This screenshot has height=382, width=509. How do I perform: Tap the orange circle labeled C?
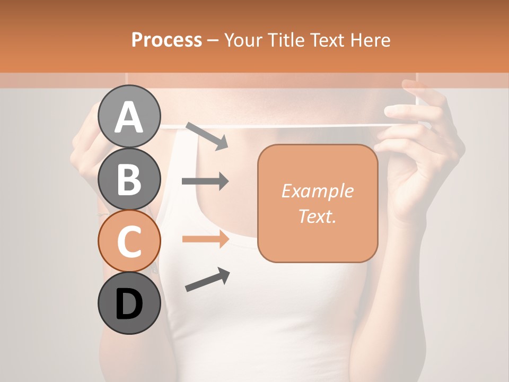(x=129, y=241)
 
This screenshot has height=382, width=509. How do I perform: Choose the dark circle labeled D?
(x=129, y=303)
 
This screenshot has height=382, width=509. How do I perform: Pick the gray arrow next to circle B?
(x=205, y=181)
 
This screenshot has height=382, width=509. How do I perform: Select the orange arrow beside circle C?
(x=205, y=239)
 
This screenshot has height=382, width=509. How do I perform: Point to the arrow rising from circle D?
(x=207, y=280)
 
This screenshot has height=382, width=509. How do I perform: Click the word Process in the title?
(x=166, y=40)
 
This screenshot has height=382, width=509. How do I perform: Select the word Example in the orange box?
(x=317, y=191)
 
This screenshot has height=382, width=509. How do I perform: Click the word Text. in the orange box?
(x=317, y=216)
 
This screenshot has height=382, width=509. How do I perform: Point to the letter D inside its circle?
(x=129, y=305)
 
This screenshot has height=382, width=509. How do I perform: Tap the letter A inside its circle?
(x=129, y=118)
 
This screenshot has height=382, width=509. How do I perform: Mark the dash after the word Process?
(x=213, y=40)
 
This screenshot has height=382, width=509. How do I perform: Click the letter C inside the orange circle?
(x=129, y=241)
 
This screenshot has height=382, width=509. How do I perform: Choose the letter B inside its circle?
(x=129, y=179)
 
